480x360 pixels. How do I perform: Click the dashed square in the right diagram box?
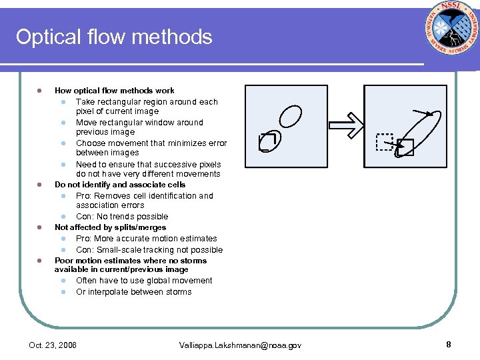coord(385,142)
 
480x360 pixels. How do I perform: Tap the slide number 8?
coord(449,345)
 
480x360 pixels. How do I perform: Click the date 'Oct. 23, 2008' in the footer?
coord(53,345)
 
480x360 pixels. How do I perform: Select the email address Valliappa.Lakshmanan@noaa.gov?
coord(240,345)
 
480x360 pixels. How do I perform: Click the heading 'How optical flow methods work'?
coord(115,91)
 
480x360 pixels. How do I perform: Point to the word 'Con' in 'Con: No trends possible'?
coord(83,217)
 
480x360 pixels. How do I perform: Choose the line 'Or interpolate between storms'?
coord(133,292)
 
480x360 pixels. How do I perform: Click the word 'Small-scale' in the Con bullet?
coord(117,250)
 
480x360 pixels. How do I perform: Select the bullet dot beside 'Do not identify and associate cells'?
coord(39,185)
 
